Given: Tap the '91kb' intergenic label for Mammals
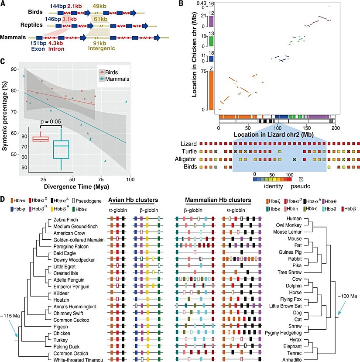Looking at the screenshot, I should click(x=99, y=42).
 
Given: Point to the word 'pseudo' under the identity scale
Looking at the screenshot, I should click(x=301, y=186).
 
